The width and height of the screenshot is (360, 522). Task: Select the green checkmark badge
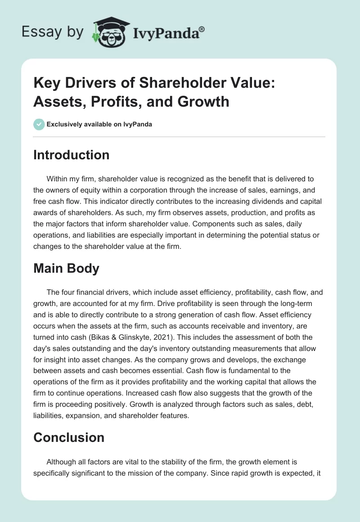tap(39, 124)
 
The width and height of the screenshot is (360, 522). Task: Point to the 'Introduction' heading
tap(72, 155)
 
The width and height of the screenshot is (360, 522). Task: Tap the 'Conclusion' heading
tap(69, 437)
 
